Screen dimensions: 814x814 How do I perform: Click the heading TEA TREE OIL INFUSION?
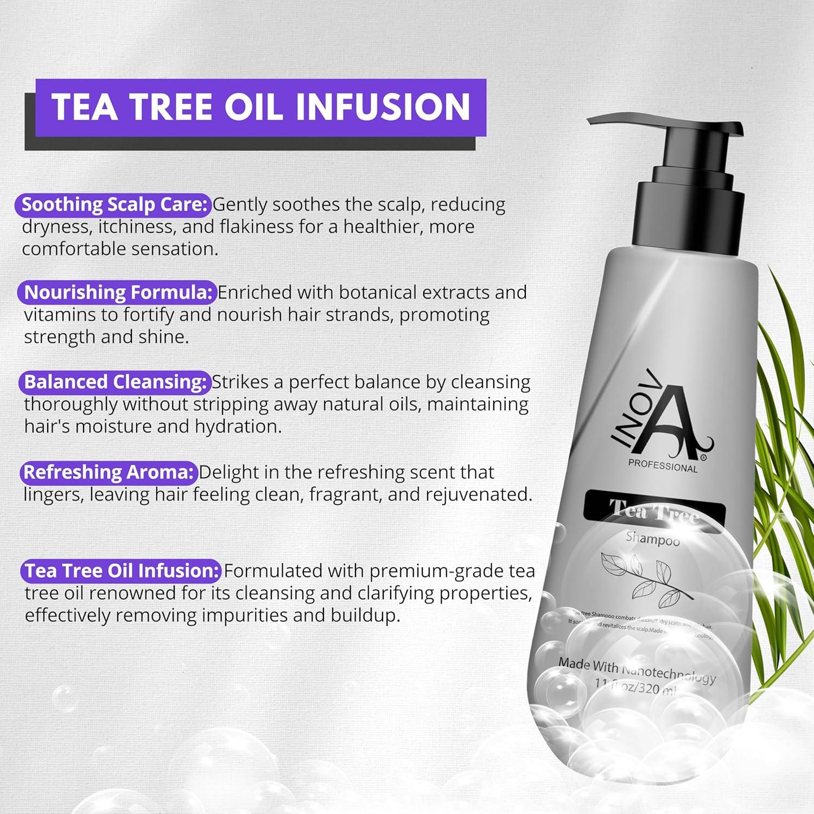coord(260,107)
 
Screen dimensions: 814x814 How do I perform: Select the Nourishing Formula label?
coord(117,292)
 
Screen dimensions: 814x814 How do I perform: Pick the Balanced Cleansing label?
coord(115,382)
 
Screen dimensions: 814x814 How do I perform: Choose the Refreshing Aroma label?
coord(108,472)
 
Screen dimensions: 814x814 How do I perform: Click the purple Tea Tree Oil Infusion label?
coord(122,571)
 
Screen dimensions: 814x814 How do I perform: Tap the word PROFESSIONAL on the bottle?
coord(663,466)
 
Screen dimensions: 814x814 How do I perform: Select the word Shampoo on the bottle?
coord(653,539)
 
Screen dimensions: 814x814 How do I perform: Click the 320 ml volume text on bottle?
coord(657,689)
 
